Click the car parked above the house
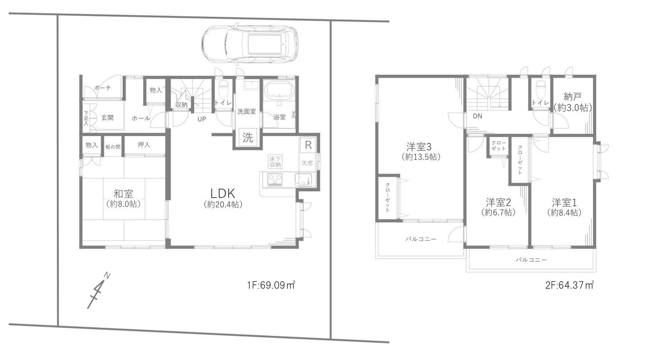250,44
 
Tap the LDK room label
223,194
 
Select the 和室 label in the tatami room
123,194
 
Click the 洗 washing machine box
247,137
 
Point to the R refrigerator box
308,145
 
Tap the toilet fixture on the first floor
223,89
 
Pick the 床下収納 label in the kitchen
275,162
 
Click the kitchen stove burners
275,179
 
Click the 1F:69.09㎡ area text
271,285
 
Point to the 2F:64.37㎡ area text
569,285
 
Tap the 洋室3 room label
419,147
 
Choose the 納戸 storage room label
573,96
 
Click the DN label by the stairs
477,116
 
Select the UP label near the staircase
202,119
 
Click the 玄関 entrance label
107,117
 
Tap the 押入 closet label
144,145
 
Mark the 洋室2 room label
498,203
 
